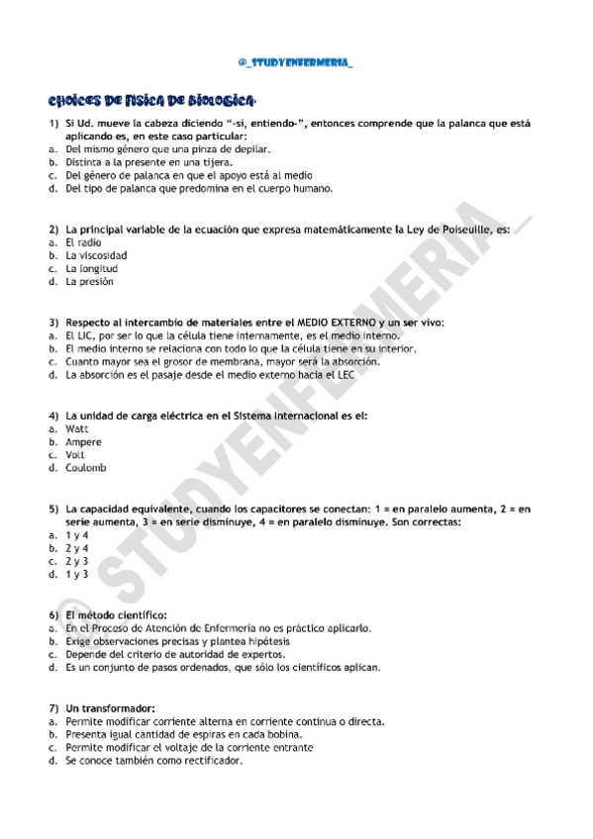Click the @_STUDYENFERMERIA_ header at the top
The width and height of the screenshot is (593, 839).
pyautogui.click(x=296, y=64)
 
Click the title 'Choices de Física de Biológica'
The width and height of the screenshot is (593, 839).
pyautogui.click(x=153, y=101)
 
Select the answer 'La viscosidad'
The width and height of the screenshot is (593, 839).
pyautogui.click(x=96, y=255)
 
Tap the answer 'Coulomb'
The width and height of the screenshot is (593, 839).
pyautogui.click(x=86, y=468)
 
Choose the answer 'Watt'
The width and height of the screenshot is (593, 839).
pyautogui.click(x=77, y=429)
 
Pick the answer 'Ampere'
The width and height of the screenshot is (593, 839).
pyautogui.click(x=83, y=442)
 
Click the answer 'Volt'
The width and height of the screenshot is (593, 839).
pyautogui.click(x=76, y=455)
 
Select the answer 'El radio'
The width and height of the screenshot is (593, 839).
pyautogui.click(x=83, y=242)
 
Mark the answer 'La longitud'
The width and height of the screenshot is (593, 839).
pyautogui.click(x=92, y=268)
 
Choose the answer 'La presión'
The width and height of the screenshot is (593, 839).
pyautogui.click(x=90, y=281)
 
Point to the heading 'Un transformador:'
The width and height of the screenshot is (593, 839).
pyautogui.click(x=111, y=709)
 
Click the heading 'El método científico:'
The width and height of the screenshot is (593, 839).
pyautogui.click(x=116, y=615)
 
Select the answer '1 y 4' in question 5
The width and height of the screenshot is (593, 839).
pyautogui.click(x=77, y=535)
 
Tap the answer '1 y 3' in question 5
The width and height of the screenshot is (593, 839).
pyautogui.click(x=77, y=574)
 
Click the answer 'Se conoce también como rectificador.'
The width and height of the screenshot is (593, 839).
pyautogui.click(x=153, y=761)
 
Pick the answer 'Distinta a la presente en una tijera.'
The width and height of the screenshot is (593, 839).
pyautogui.click(x=149, y=161)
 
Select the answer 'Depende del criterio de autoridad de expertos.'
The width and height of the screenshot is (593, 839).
pyautogui.click(x=175, y=654)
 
